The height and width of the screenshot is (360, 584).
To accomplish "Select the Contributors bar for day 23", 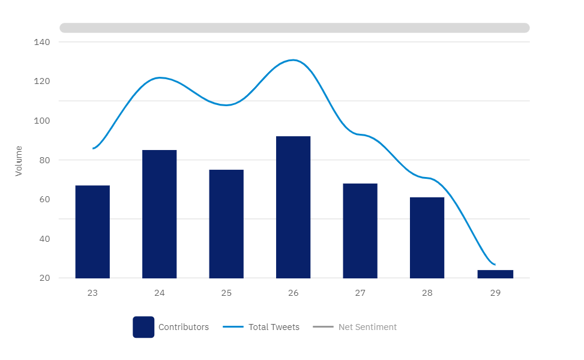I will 92,232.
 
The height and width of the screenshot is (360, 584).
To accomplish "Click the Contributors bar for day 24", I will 160,214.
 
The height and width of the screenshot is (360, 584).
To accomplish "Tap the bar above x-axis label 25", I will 226,224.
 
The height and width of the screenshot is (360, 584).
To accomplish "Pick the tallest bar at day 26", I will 294,207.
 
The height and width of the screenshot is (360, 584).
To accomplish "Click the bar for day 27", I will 360,230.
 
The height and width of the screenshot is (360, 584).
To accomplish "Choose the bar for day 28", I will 427,238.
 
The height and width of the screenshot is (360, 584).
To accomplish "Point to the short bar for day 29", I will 495,274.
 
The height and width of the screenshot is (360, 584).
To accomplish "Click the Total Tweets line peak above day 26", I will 293,60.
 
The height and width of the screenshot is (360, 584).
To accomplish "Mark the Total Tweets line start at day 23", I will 94,148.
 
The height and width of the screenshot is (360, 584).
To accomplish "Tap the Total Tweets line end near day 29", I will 494,264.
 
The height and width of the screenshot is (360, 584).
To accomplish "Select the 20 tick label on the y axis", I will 44,278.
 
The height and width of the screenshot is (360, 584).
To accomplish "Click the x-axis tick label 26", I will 293,293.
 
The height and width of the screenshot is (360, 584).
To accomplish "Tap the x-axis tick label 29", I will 495,293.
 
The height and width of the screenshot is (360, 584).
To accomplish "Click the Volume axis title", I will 19,161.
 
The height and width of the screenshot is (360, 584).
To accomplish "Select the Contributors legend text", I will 184,327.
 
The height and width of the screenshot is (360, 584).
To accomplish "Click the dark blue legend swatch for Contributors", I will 143,327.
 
